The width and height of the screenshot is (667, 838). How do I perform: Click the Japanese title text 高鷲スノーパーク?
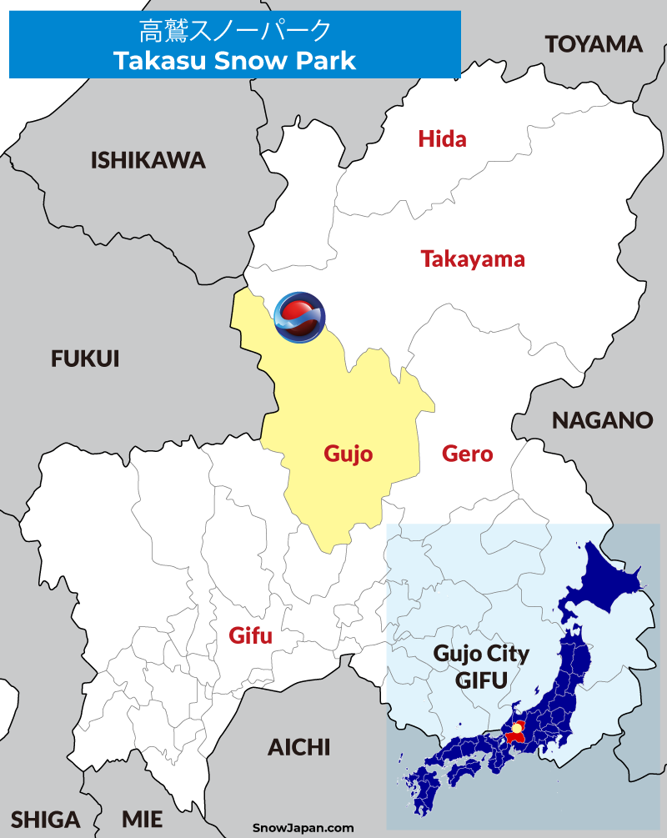234,32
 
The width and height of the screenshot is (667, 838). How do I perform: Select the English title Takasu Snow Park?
234,61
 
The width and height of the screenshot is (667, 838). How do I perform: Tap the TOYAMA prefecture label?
594,44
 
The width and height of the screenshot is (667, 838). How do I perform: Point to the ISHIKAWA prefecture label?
148,160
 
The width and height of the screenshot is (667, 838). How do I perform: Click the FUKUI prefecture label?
85,359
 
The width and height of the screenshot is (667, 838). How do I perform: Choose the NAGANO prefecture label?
602,420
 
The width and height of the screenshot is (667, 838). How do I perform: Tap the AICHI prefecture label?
298,747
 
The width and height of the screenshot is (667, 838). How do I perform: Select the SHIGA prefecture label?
46,820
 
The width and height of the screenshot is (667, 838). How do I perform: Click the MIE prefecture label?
142,820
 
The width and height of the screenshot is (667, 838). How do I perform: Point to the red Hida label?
442,138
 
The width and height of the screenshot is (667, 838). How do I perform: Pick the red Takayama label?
473,258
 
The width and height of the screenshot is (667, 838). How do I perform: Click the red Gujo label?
348,454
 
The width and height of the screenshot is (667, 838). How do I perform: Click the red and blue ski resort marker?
300,317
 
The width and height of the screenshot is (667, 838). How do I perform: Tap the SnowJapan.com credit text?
303,828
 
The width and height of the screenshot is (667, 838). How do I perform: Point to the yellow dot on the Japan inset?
517,730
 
